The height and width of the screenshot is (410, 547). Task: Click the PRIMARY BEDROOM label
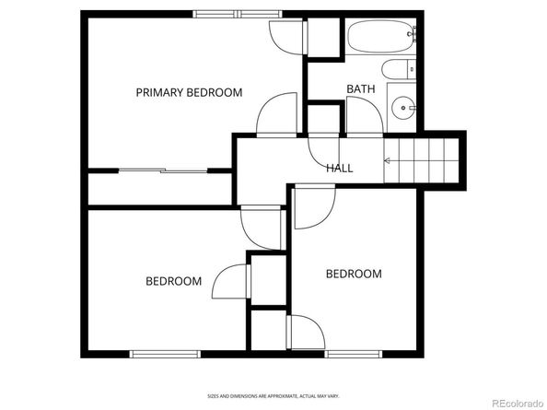pos(189,92)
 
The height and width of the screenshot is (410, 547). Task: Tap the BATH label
pos(360,88)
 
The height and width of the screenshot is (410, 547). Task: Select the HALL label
pos(339,168)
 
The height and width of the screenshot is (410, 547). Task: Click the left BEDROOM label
pos(173,281)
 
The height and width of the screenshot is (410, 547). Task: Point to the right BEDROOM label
pos(354,274)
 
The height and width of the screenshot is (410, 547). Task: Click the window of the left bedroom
pos(163,353)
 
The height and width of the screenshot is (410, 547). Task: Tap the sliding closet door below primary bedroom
pos(162,170)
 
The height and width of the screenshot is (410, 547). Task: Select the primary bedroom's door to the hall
pos(277,116)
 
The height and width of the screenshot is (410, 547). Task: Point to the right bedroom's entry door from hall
pos(311,205)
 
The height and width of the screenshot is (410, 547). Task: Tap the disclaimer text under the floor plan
pos(273,396)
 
